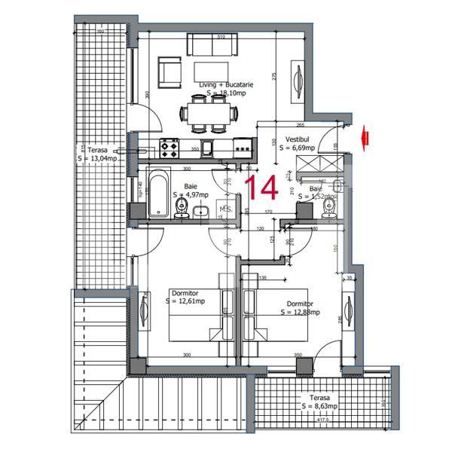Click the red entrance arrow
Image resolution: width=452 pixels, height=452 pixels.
pyautogui.click(x=366, y=136)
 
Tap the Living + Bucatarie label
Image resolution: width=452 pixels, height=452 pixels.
pyautogui.click(x=226, y=85)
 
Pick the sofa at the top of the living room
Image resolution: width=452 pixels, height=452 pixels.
pyautogui.click(x=212, y=44)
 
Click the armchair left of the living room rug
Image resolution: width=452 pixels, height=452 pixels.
pyautogui.click(x=169, y=72)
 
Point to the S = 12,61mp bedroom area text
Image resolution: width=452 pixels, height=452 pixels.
pyautogui.click(x=185, y=301)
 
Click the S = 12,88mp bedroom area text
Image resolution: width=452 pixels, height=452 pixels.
pyautogui.click(x=300, y=312)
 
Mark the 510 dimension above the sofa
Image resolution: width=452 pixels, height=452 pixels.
pyautogui.click(x=221, y=36)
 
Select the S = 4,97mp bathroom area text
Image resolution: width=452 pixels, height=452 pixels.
pyautogui.click(x=192, y=194)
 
